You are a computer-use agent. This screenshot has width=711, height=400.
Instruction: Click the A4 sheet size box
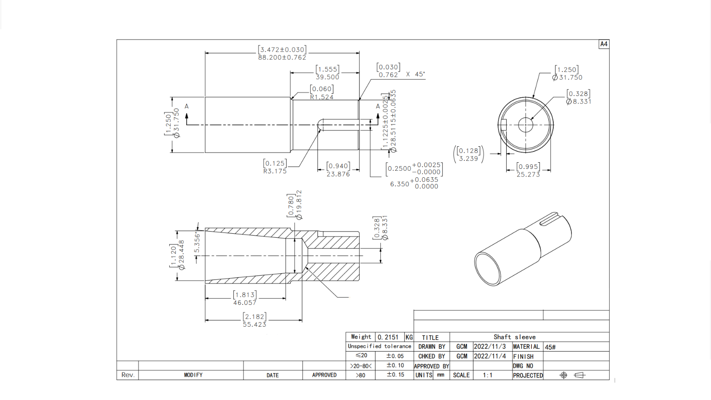coord(603,44)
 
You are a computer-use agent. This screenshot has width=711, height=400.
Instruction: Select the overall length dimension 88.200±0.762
coord(282,57)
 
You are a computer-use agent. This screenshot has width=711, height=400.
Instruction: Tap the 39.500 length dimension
coord(328,77)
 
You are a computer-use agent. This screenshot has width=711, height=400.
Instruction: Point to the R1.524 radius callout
coord(322,97)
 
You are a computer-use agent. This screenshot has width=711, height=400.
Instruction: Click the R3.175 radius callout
coord(275,171)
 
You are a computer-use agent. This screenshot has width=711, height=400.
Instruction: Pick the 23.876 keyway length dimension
coord(338,174)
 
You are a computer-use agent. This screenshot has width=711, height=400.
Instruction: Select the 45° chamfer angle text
coord(420,74)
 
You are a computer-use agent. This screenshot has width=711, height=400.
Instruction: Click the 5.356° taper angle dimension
coord(197,242)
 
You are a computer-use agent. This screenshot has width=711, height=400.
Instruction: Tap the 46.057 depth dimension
coord(245,303)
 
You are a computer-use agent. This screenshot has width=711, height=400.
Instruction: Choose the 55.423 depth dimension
coord(254,324)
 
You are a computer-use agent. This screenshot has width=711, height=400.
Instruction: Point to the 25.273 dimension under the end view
coord(528,175)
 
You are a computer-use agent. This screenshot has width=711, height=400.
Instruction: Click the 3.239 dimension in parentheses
coord(468,159)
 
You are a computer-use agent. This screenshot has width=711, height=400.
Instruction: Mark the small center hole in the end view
coord(526,125)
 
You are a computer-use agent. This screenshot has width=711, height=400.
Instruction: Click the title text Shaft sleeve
coord(515,337)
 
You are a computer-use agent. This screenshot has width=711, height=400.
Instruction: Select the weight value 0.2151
coord(388,337)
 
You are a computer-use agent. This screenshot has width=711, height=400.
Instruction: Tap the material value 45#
coord(551,347)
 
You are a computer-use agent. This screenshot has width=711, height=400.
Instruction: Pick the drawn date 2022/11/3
coord(490,347)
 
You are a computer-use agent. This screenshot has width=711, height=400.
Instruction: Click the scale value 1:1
coord(487,375)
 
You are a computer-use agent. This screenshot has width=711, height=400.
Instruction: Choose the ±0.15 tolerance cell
coord(395,375)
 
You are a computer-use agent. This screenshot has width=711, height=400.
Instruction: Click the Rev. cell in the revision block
coord(128,375)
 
